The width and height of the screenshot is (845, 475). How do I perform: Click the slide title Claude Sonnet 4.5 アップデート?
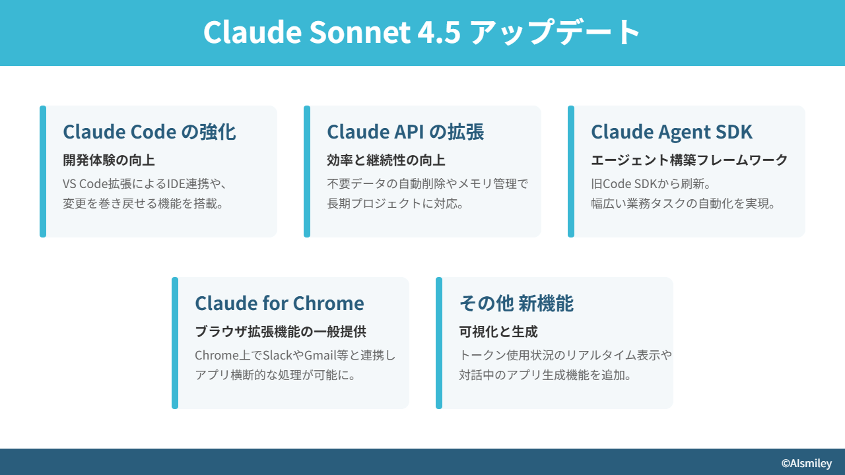(422, 32)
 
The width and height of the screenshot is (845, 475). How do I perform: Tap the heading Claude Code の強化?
(149, 132)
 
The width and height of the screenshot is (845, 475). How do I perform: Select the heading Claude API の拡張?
(405, 132)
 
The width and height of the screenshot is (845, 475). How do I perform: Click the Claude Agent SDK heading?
(671, 133)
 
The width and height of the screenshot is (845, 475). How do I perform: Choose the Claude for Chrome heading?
(279, 303)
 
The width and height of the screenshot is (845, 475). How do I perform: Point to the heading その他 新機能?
(516, 303)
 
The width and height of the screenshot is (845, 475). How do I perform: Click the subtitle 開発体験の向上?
(109, 160)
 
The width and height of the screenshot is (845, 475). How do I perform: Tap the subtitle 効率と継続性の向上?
(386, 160)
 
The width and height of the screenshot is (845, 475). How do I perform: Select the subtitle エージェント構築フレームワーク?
(689, 160)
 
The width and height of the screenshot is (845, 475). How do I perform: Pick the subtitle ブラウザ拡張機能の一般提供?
(281, 332)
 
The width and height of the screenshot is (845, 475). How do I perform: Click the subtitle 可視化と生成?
(498, 332)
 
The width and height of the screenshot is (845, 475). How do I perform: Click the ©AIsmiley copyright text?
(807, 463)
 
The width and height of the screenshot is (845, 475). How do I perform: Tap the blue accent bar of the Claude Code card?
(43, 172)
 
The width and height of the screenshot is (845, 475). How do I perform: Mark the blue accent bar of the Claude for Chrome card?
(175, 343)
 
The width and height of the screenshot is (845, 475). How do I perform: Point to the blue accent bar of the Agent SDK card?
(571, 172)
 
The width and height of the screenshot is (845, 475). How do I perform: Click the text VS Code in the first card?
(86, 184)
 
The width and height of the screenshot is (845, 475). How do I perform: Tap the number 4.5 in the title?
(439, 32)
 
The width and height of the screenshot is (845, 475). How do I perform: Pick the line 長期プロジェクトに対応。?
(395, 204)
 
